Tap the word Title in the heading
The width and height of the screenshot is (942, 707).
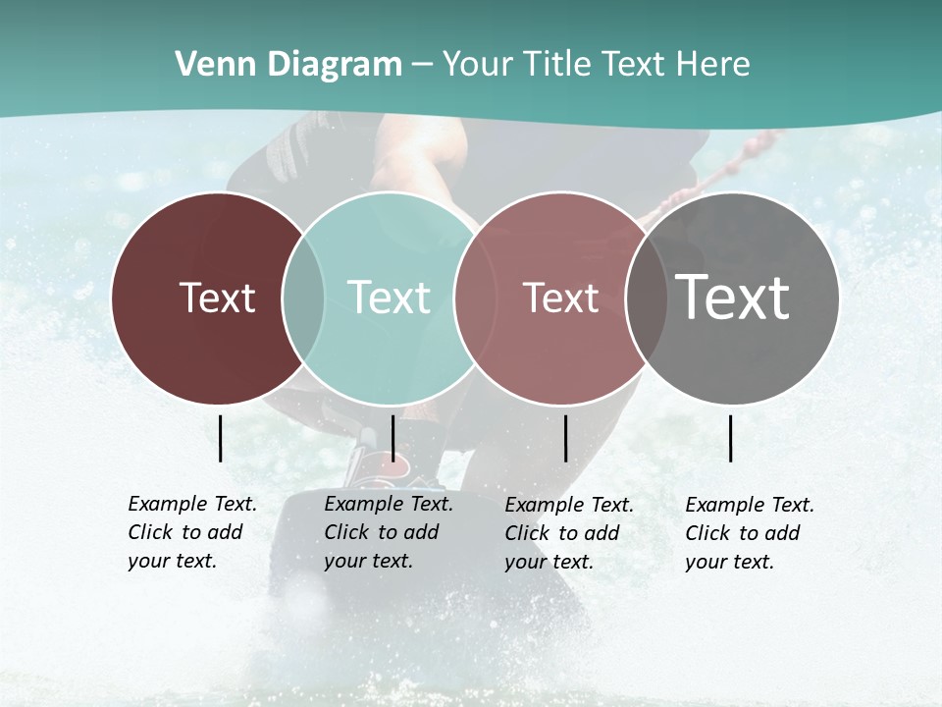[560, 65]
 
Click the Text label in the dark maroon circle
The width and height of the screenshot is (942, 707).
[217, 298]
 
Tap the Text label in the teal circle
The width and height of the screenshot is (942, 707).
[390, 298]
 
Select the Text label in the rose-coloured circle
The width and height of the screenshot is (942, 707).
[561, 298]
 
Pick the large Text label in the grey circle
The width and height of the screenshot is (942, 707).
[733, 297]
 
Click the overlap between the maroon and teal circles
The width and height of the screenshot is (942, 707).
[303, 299]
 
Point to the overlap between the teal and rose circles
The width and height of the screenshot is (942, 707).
[475, 299]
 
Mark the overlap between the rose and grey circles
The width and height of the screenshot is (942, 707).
[647, 299]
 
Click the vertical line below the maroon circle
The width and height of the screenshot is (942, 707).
[221, 438]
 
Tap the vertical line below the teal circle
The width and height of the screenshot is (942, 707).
[392, 438]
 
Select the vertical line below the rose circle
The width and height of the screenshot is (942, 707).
[566, 438]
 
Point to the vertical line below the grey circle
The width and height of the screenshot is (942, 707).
[731, 438]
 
